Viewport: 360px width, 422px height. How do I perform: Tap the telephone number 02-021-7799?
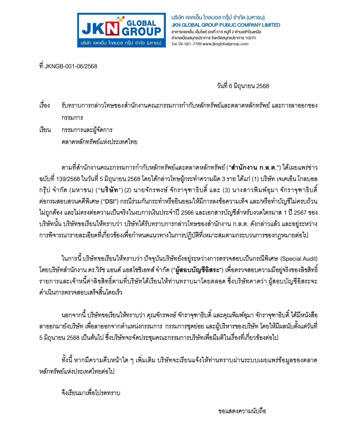point(190,44)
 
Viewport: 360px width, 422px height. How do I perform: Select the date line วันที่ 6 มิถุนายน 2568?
point(243,86)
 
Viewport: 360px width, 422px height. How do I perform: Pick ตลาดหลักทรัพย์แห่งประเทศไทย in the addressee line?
point(99,142)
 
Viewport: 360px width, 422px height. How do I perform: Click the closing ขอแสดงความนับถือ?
point(242,411)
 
